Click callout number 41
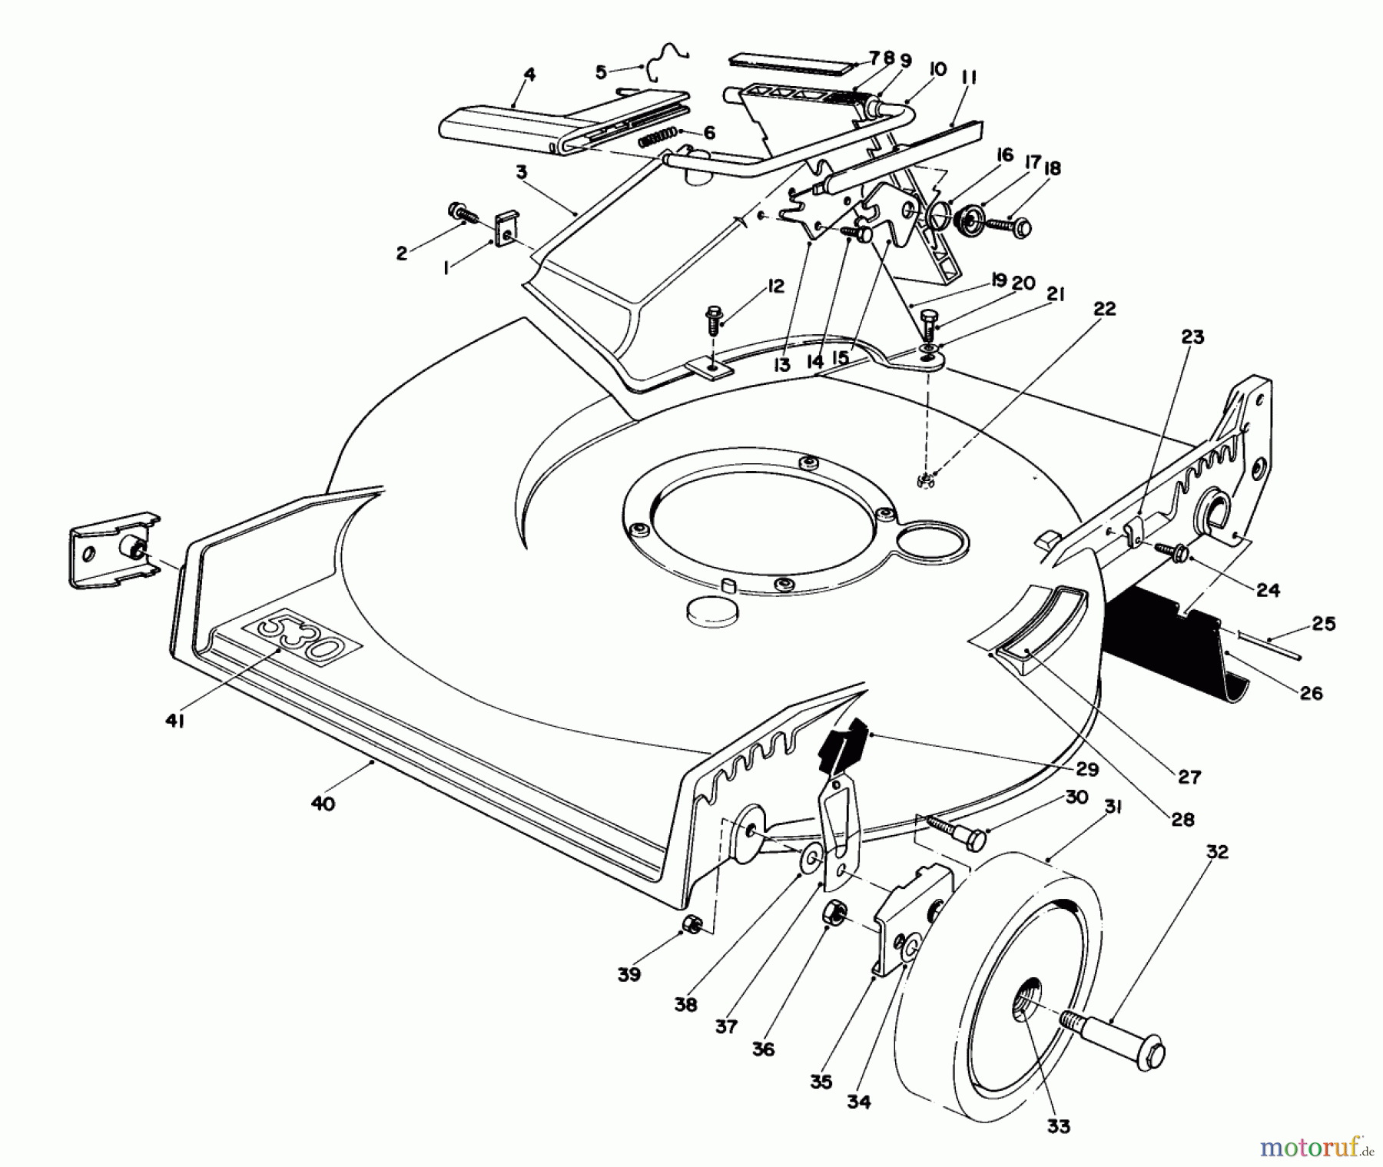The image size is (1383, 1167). pos(174,721)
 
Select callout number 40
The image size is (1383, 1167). pos(323,804)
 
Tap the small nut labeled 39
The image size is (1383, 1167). pos(691,926)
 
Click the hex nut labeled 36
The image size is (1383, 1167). pos(834,913)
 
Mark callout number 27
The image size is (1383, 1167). pos(1189,777)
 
